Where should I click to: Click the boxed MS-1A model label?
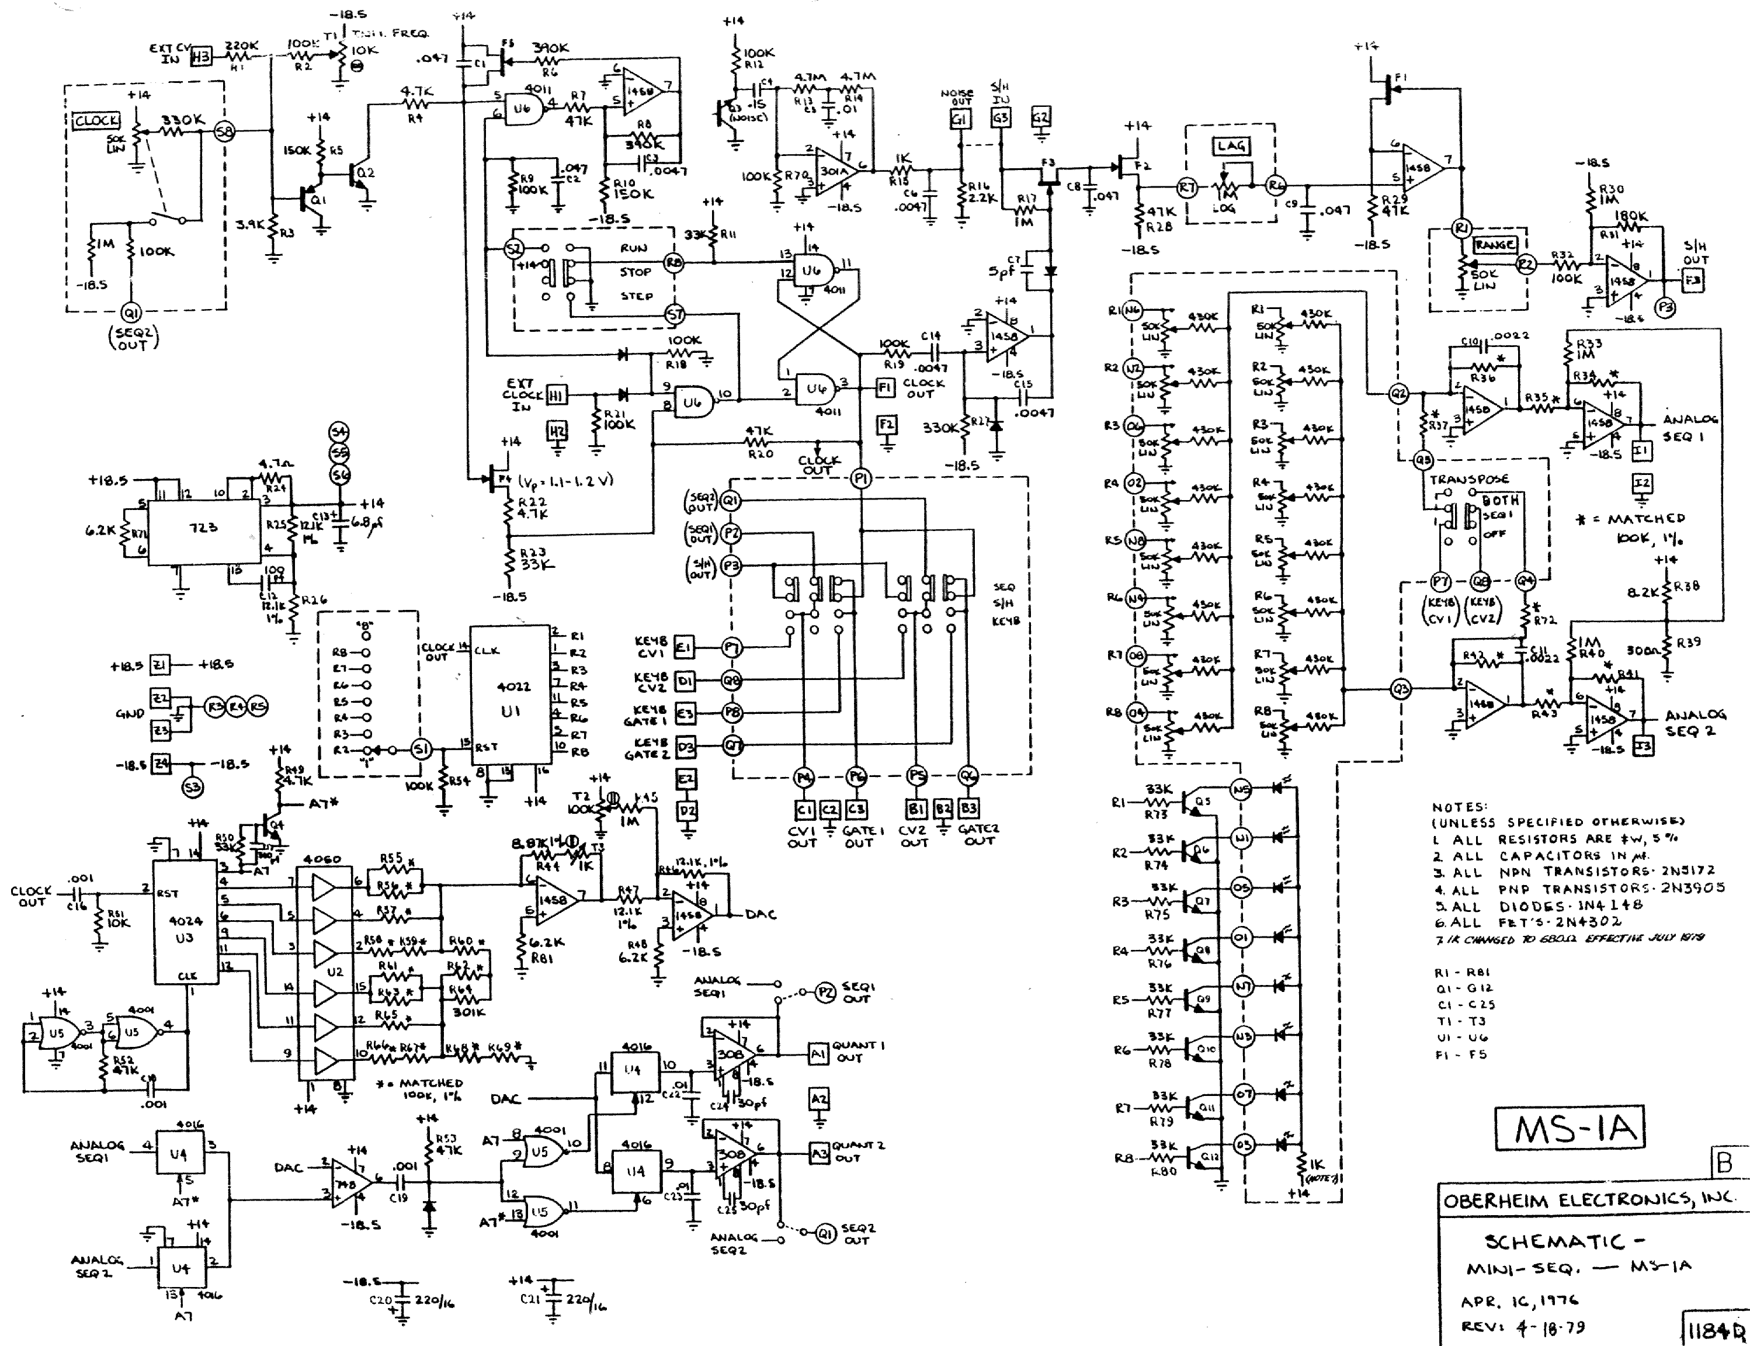[x=1569, y=1128]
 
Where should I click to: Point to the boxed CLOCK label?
[x=97, y=121]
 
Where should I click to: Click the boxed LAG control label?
[x=1230, y=146]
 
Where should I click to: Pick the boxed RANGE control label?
[x=1495, y=244]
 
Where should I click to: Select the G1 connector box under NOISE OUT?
[x=959, y=118]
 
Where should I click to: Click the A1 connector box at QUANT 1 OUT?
[x=818, y=1054]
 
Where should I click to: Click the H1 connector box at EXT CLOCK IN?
[x=555, y=394]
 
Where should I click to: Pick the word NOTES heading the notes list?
[x=1459, y=807]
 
